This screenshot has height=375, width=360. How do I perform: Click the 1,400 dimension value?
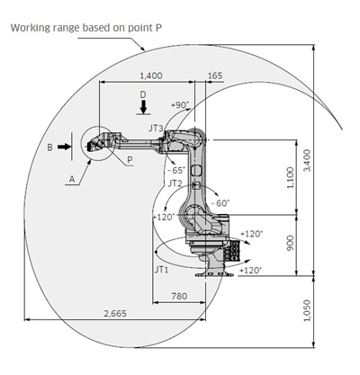[151, 76]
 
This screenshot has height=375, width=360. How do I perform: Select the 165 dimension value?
[215, 76]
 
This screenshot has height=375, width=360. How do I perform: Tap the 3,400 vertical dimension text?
[308, 161]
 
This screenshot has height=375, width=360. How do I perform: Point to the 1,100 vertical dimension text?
[291, 178]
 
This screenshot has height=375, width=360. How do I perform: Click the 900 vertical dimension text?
[291, 243]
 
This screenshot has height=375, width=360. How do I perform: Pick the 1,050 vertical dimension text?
[308, 310]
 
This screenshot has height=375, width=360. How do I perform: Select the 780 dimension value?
[179, 296]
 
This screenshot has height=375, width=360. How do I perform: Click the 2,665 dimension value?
[115, 314]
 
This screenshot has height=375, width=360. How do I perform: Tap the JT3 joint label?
[156, 129]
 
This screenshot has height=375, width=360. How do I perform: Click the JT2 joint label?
[175, 183]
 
